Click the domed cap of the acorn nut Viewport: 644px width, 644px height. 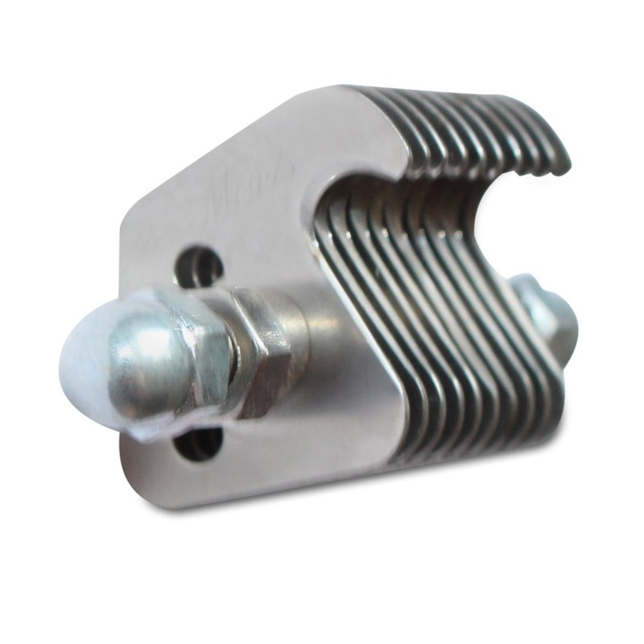[x=121, y=354]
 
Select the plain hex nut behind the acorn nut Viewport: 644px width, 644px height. [x=258, y=346]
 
